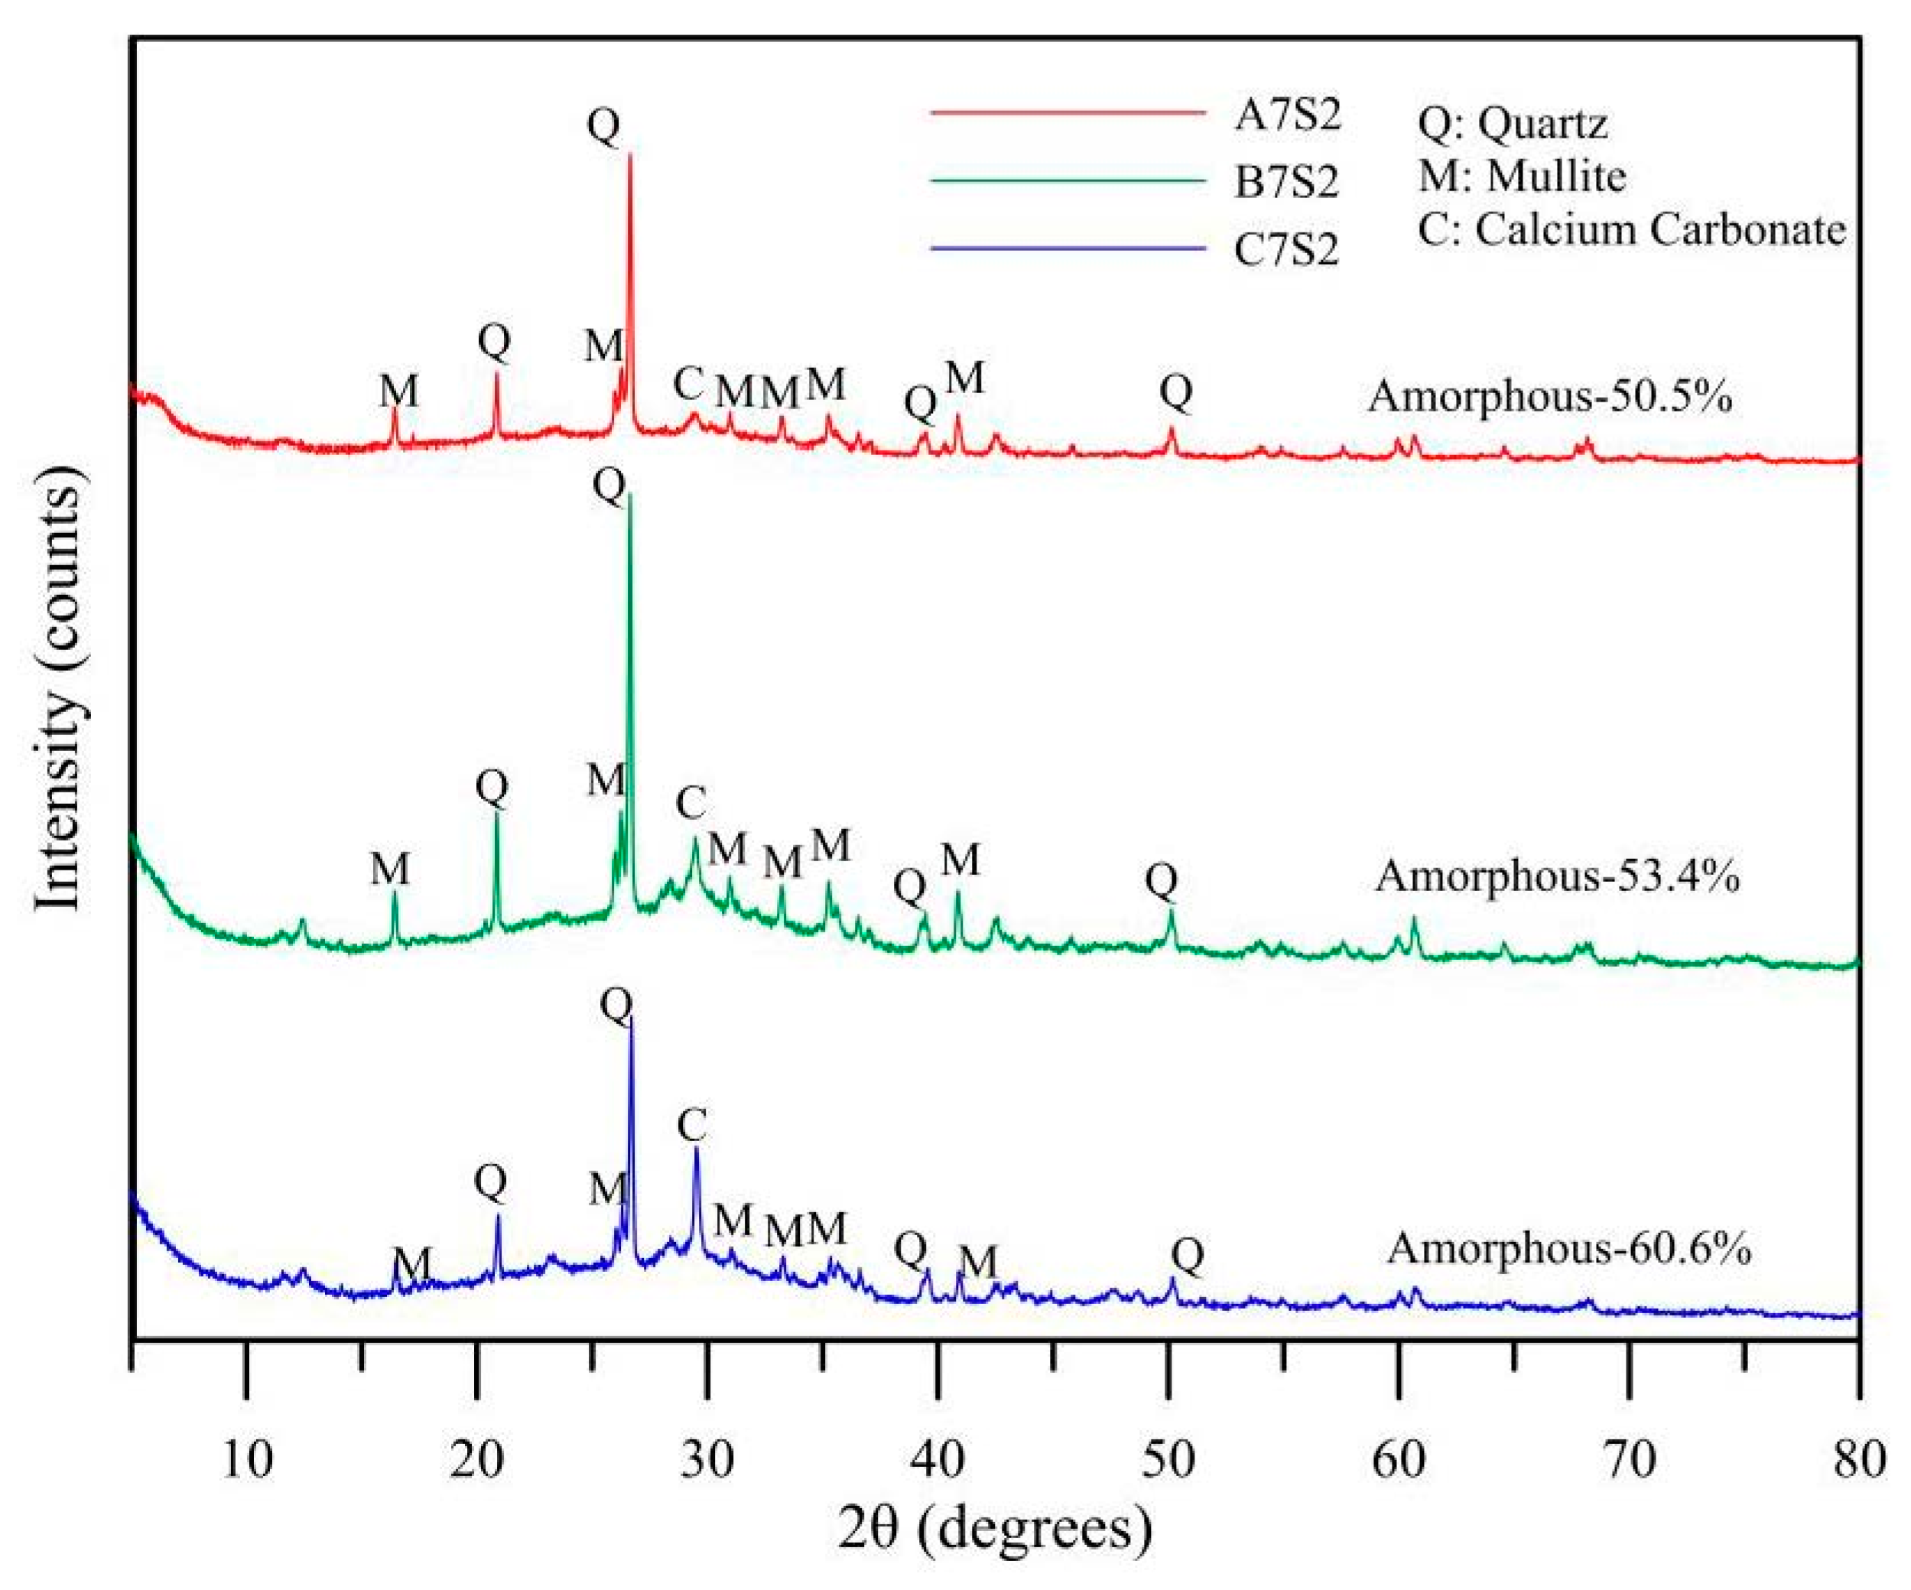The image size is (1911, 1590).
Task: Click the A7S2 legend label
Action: tap(1287, 116)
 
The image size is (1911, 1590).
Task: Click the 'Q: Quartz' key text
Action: tap(1513, 123)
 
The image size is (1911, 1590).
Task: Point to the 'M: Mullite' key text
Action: tap(1522, 176)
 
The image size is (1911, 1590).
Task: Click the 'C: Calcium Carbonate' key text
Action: tap(1630, 229)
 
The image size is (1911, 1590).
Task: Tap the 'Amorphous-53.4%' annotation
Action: tap(1557, 876)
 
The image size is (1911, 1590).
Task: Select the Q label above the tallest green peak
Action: tap(609, 486)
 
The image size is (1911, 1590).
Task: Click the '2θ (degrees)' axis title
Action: tap(995, 1528)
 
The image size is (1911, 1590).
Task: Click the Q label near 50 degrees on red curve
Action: tap(1175, 392)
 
